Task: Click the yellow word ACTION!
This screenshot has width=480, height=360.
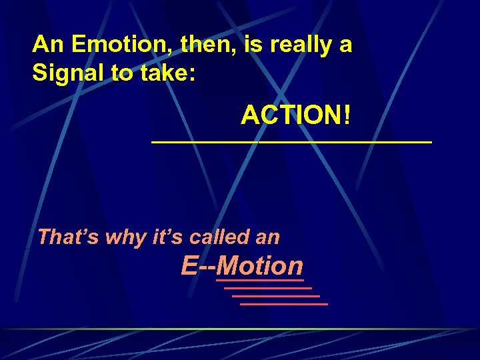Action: click(295, 116)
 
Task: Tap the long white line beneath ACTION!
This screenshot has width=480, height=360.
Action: click(291, 142)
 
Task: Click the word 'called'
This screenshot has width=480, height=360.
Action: click(219, 237)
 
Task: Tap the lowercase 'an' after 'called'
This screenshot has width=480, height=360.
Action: click(269, 237)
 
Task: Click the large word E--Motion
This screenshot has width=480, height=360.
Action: click(241, 266)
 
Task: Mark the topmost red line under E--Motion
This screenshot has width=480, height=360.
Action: click(259, 281)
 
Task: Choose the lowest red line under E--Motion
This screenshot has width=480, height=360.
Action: click(283, 304)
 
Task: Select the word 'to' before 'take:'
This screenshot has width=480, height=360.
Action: click(123, 73)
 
